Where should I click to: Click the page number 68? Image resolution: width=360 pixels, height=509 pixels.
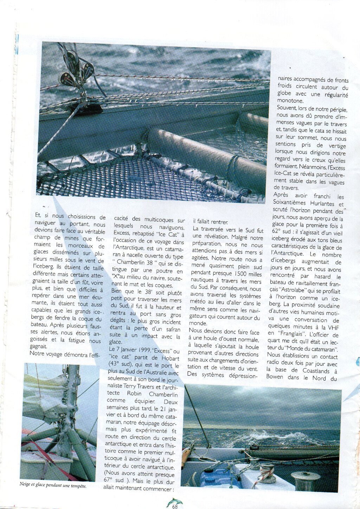click(x=175, y=507)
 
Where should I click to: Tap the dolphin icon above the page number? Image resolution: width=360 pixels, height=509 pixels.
click(x=174, y=501)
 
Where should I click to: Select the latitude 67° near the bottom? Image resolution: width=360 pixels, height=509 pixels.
click(x=110, y=480)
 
